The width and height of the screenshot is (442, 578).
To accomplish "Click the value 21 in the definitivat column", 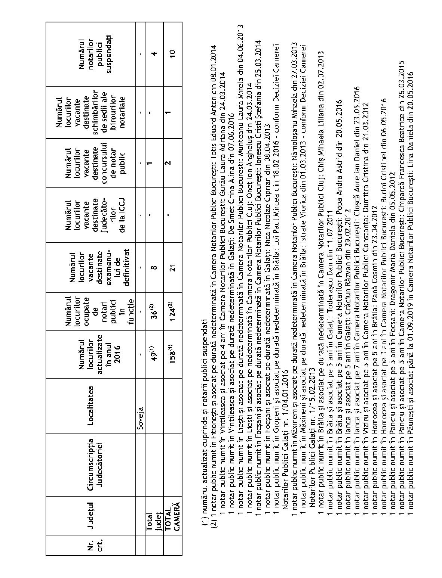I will coord(172,267).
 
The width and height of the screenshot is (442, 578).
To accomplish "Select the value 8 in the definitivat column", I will coord(154,267).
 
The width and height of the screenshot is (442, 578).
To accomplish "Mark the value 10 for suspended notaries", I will coord(172,54).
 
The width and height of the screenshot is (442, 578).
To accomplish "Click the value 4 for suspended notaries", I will coord(154,54).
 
